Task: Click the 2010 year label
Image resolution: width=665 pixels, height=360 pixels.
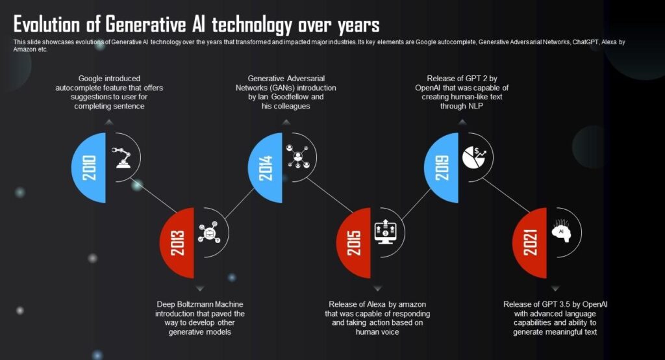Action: pyautogui.click(x=90, y=168)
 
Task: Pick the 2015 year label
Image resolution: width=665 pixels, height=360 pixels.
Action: pyautogui.click(x=355, y=242)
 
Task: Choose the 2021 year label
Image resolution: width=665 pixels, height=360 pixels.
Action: pyautogui.click(x=531, y=242)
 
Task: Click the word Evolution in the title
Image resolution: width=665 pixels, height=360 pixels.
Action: pyautogui.click(x=51, y=25)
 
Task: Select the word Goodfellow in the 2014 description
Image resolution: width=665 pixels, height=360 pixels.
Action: pyautogui.click(x=303, y=96)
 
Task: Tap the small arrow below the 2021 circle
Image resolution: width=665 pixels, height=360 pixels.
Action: pyautogui.click(x=555, y=288)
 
